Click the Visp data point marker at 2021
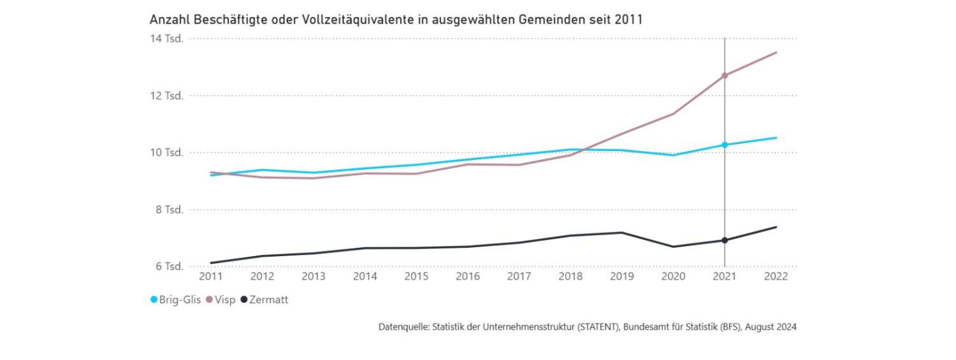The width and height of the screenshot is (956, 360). tap(725, 76)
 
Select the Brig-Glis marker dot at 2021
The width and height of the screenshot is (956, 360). tap(725, 145)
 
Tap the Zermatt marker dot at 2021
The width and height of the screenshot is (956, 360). tap(725, 240)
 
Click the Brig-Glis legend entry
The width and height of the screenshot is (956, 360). tap(171, 299)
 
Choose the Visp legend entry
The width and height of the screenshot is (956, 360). tap(224, 299)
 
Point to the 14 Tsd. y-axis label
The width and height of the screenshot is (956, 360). tap(166, 38)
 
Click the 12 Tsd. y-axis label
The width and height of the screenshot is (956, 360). tap(166, 96)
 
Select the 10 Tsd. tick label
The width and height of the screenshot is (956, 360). tap(166, 152)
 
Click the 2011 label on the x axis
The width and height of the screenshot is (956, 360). tap(211, 277)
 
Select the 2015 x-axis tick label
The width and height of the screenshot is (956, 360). tap(416, 277)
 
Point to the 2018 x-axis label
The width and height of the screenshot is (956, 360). tap(570, 277)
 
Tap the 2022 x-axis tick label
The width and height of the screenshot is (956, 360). tap(776, 277)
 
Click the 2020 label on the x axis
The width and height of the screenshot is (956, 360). tap(673, 277)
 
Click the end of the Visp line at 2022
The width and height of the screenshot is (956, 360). tap(776, 52)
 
